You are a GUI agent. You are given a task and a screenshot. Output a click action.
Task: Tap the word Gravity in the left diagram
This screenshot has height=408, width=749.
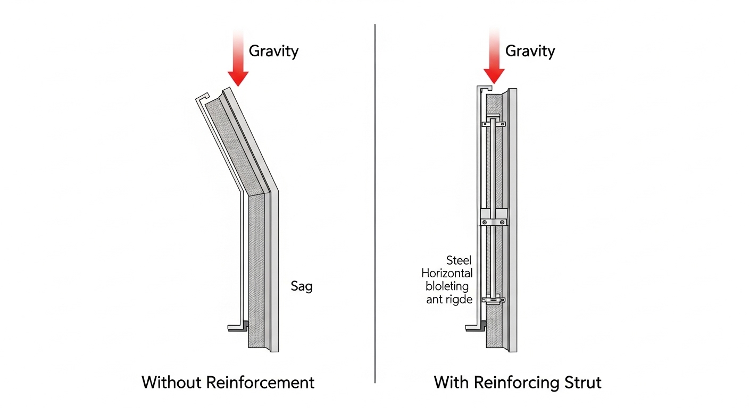pos(273,52)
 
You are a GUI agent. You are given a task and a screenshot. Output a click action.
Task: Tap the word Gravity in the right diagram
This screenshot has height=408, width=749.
pos(530,52)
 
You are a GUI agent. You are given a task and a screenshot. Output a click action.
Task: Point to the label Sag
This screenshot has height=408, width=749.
pos(302,286)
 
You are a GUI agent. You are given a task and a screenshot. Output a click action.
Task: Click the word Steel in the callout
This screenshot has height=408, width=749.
pos(459,260)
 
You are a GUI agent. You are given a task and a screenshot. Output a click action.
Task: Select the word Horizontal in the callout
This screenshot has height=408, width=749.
pos(447,274)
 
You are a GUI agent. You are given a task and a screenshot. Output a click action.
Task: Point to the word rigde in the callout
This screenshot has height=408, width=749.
pos(458,299)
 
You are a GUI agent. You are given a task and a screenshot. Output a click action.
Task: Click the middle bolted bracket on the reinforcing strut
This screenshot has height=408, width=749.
pos(494,215)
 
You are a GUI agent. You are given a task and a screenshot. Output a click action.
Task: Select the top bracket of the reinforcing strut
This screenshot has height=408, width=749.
pos(494,124)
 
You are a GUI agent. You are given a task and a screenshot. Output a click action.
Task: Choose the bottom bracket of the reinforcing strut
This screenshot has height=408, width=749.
pos(494,300)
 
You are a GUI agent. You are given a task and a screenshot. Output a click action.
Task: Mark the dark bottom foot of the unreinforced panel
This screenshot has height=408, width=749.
pos(238,327)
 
